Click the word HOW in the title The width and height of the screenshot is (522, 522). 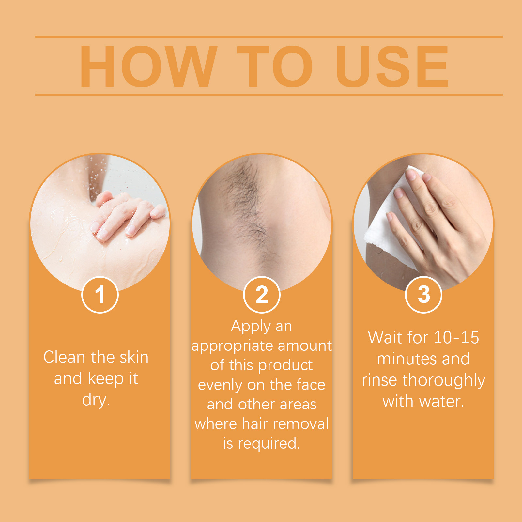pos(149,67)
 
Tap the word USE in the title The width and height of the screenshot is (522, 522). pos(392,67)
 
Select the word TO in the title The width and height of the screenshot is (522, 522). pos(275,67)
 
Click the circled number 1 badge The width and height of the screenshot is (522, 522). pos(100,295)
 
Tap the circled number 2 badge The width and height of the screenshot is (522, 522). pos(262,295)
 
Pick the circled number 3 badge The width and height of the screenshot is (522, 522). pos(423,295)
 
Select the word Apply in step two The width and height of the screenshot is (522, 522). pos(251,327)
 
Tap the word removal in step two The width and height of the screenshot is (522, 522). pos(300,424)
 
